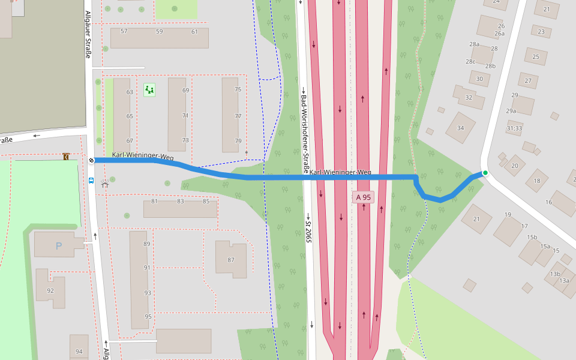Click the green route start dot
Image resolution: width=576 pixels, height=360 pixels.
tap(485, 173)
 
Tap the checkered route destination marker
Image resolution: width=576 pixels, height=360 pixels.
tap(91, 160)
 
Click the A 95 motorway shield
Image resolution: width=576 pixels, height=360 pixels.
tap(363, 197)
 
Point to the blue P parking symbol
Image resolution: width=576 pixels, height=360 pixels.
tap(59, 245)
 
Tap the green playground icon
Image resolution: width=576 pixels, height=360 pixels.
tap(149, 90)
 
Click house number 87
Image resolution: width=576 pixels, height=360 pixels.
tap(231, 260)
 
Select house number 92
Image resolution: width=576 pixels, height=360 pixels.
tap(50, 291)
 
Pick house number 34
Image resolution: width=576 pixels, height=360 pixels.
tap(461, 128)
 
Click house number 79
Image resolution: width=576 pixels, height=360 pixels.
tap(238, 141)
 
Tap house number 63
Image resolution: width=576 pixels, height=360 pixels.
tap(130, 92)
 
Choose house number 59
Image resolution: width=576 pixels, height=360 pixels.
tap(159, 31)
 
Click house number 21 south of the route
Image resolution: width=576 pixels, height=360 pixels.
tap(477, 219)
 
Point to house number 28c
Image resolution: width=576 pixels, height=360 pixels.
tap(470, 62)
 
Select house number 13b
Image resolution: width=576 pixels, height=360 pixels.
tap(555, 274)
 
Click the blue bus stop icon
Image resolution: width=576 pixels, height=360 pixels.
tap(91, 179)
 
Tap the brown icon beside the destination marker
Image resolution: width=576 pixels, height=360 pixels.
tap(65, 157)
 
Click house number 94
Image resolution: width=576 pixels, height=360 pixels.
tap(79, 352)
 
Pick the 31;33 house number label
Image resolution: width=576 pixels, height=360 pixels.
tap(514, 128)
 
